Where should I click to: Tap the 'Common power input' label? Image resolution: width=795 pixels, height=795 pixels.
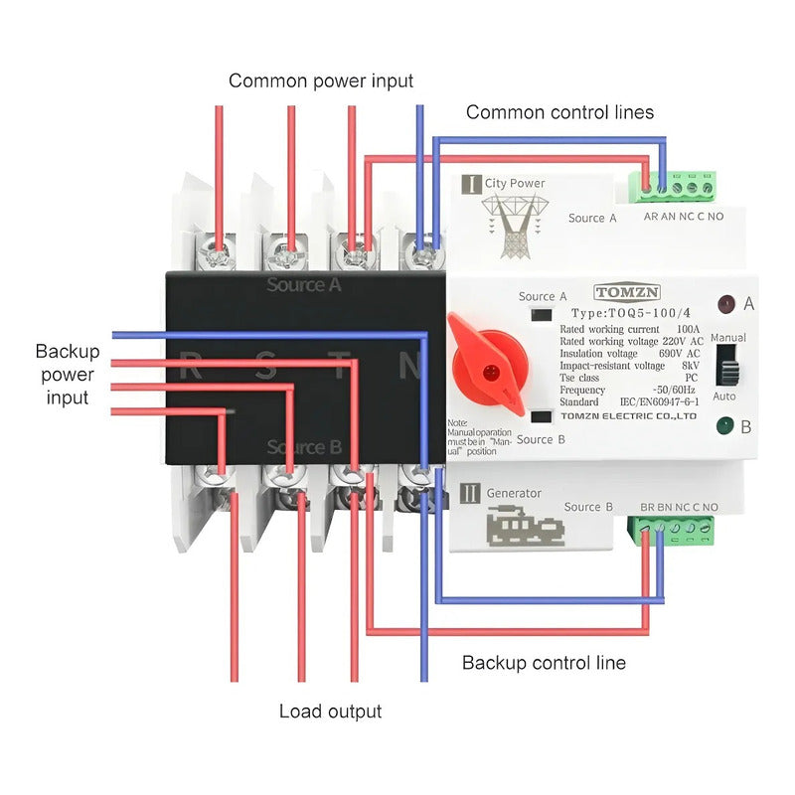(x=321, y=80)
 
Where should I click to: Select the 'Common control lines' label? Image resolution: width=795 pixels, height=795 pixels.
(x=559, y=112)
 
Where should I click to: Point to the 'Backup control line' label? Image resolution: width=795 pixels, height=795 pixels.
(x=544, y=662)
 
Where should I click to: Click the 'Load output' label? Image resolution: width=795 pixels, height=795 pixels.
(x=330, y=712)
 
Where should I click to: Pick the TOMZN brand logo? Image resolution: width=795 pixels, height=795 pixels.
(x=625, y=292)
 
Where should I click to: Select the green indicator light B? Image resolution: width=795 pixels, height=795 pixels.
(x=725, y=428)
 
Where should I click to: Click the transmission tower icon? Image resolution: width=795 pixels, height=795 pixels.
(x=513, y=226)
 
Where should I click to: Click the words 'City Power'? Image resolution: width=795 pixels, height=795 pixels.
(x=515, y=183)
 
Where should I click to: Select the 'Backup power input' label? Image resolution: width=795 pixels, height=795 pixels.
(x=68, y=375)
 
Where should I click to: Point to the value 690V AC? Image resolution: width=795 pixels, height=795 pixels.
(x=678, y=354)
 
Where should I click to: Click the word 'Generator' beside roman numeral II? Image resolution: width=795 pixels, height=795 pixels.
(x=514, y=493)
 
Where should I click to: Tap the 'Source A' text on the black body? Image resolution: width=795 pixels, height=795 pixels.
(x=304, y=285)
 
